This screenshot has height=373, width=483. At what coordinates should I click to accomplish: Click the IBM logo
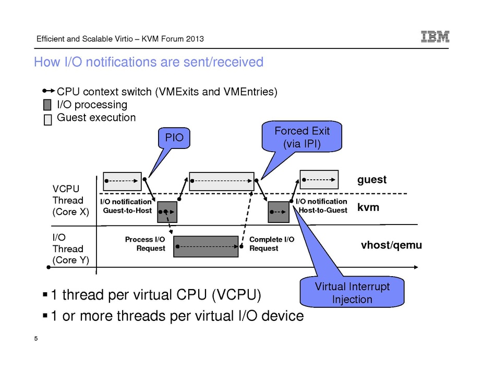click(x=435, y=37)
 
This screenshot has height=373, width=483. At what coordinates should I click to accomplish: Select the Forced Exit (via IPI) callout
click(x=302, y=136)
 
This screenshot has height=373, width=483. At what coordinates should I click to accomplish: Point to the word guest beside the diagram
click(x=371, y=180)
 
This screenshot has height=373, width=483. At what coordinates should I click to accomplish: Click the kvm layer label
click(x=368, y=207)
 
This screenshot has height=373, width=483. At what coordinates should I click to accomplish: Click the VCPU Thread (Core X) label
click(x=68, y=200)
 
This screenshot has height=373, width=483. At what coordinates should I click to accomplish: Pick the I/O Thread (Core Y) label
click(x=68, y=248)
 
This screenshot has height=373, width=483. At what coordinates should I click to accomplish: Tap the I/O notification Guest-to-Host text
click(x=127, y=206)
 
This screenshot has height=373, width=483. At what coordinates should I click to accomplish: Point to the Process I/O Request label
click(x=146, y=244)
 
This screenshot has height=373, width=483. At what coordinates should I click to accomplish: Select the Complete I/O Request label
click(x=271, y=244)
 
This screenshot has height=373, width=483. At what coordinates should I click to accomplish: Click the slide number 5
click(x=36, y=340)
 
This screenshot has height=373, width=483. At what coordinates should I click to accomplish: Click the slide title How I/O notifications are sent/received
click(x=148, y=63)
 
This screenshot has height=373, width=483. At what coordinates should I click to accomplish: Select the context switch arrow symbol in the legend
click(x=49, y=92)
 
